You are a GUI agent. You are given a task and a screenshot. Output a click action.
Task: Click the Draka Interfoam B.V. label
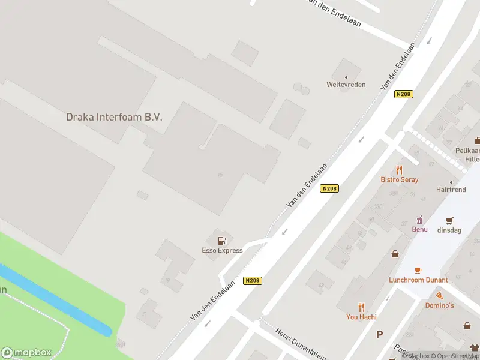[x=114, y=117]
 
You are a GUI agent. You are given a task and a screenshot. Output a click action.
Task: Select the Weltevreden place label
[x=346, y=85]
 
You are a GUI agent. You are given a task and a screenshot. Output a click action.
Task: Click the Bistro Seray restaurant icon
[x=400, y=170]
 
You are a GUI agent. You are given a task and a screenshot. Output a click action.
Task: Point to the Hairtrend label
[x=451, y=189]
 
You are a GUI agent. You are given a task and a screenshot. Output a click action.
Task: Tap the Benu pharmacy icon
[x=419, y=220]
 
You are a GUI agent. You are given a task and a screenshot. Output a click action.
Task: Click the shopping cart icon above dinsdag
[x=449, y=220]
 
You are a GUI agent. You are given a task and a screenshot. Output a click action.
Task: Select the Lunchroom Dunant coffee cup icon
[x=418, y=271]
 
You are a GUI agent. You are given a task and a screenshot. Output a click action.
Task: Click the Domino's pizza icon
[x=440, y=296]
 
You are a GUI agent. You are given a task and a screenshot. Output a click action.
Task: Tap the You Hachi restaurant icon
[x=361, y=307]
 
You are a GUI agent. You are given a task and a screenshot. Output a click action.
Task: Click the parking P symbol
[x=379, y=334]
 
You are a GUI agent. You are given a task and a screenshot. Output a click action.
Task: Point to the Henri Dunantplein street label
[x=300, y=343]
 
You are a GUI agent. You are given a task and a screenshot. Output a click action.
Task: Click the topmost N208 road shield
[x=404, y=94]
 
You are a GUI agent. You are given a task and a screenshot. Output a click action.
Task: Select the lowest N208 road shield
[x=253, y=280]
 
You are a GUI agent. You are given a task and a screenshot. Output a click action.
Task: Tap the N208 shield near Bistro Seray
[x=330, y=188]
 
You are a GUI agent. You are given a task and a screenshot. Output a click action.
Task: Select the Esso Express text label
[x=222, y=250]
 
